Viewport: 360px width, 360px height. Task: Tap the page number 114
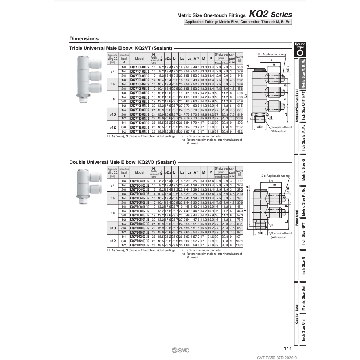click(x=288, y=349)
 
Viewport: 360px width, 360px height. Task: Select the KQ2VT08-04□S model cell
click(x=139, y=105)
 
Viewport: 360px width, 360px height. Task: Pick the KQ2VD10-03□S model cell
click(x=139, y=228)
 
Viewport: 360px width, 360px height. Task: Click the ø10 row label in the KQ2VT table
click(x=113, y=114)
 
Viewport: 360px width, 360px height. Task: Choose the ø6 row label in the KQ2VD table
click(x=113, y=198)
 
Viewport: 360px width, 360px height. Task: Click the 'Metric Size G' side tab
click(x=303, y=170)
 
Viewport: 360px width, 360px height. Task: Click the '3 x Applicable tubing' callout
click(x=271, y=54)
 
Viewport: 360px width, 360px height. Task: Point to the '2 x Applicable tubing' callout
click(x=275, y=175)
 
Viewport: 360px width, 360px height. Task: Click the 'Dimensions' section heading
click(x=84, y=39)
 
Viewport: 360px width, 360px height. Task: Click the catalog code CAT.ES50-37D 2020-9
click(x=273, y=357)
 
